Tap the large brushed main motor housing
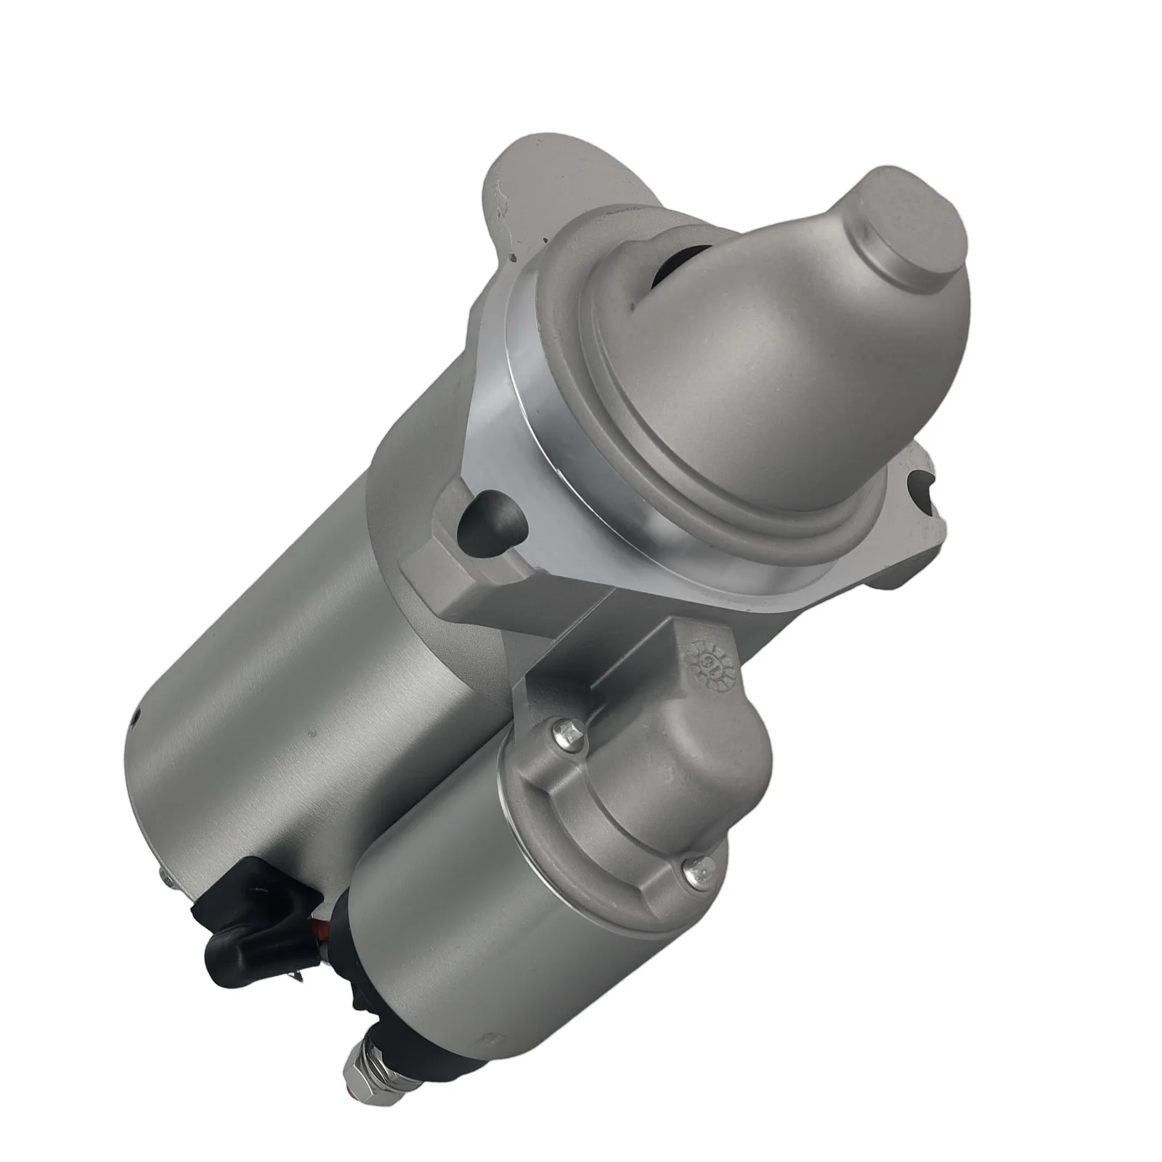point(305,654)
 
